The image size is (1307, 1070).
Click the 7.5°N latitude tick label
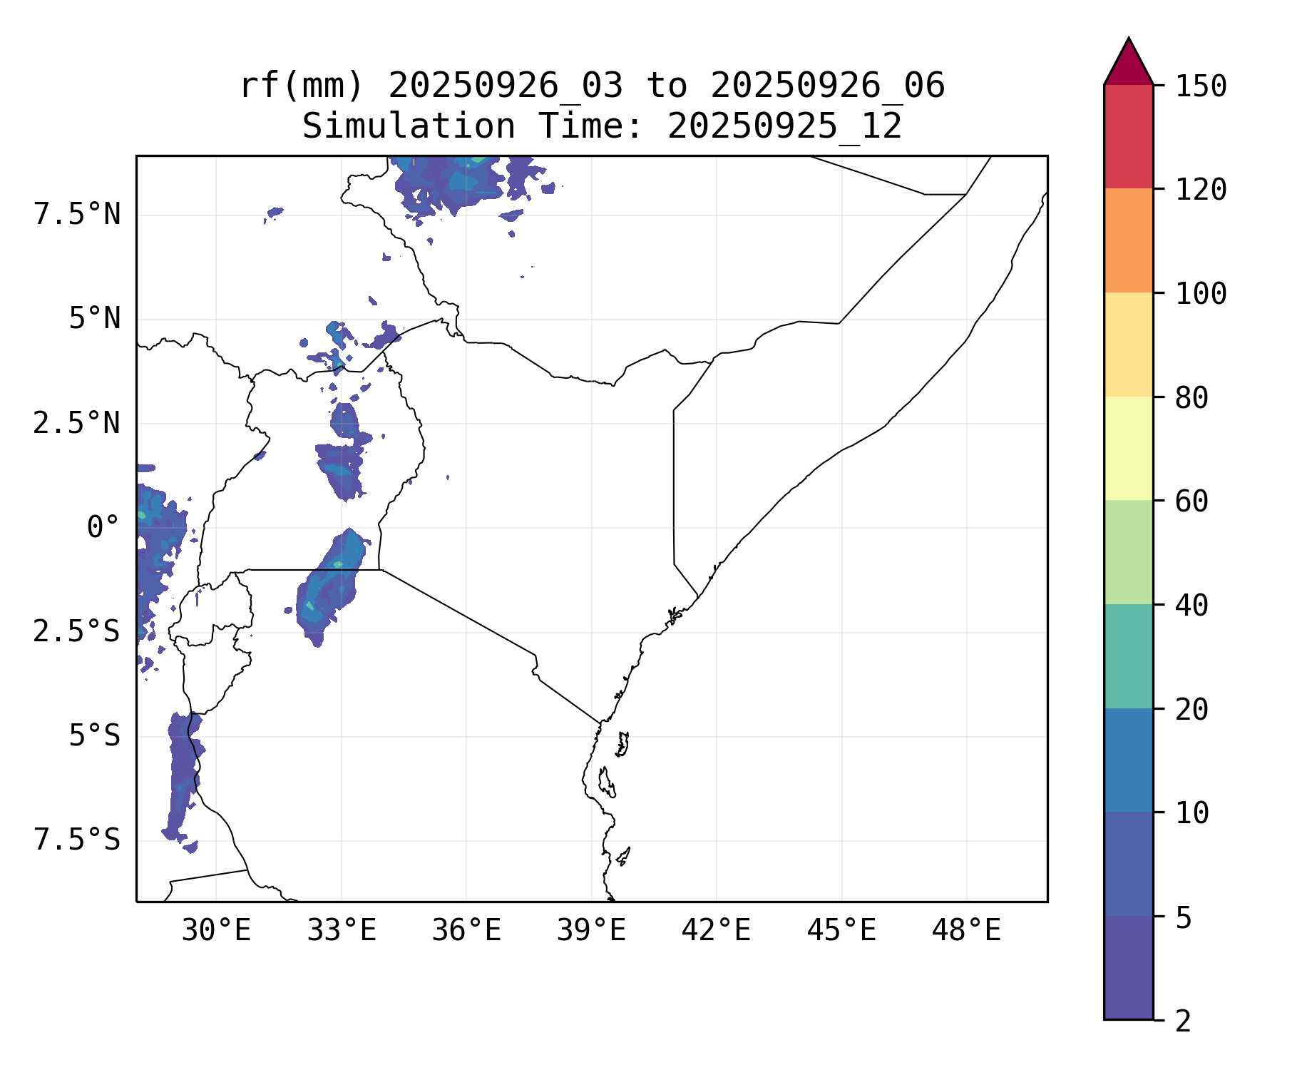point(77,215)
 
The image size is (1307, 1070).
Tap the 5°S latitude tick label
point(94,736)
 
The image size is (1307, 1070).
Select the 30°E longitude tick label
point(216,930)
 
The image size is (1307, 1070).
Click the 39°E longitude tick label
point(591,930)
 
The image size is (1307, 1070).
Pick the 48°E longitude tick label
point(966,930)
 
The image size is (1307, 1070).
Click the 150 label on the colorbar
point(1201,86)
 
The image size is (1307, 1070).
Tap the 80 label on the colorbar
point(1191,398)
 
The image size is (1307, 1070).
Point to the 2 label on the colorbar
point(1183,1021)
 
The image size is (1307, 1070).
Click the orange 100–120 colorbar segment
point(1128,240)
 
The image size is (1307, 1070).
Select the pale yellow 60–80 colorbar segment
point(1128,448)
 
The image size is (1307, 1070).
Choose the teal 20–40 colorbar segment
point(1128,656)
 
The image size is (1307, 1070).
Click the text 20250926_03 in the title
point(506,86)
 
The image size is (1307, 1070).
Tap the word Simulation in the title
point(409,127)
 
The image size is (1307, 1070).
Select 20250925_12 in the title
point(784,127)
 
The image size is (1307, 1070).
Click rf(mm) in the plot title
point(302,86)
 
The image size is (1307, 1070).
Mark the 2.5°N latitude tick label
point(77,424)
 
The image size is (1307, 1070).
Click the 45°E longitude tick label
point(841,930)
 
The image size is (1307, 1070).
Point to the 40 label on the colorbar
point(1191,606)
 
